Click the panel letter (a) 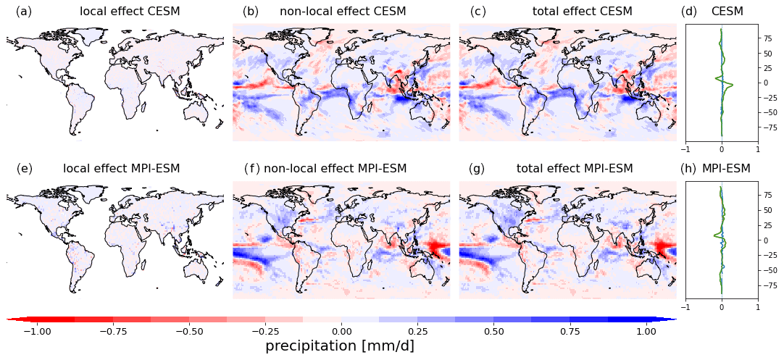[x=24, y=12]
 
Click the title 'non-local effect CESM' [x=343, y=12]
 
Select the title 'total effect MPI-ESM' [x=575, y=169]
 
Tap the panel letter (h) [x=688, y=169]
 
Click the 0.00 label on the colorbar [x=341, y=330]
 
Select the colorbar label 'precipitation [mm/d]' [x=340, y=346]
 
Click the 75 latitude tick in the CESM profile [x=769, y=53]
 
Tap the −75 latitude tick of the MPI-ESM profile [x=771, y=285]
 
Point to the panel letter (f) [x=251, y=169]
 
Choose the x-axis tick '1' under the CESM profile [x=758, y=149]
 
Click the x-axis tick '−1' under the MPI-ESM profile [x=684, y=306]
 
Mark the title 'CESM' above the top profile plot [x=727, y=12]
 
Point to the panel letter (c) [x=478, y=12]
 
